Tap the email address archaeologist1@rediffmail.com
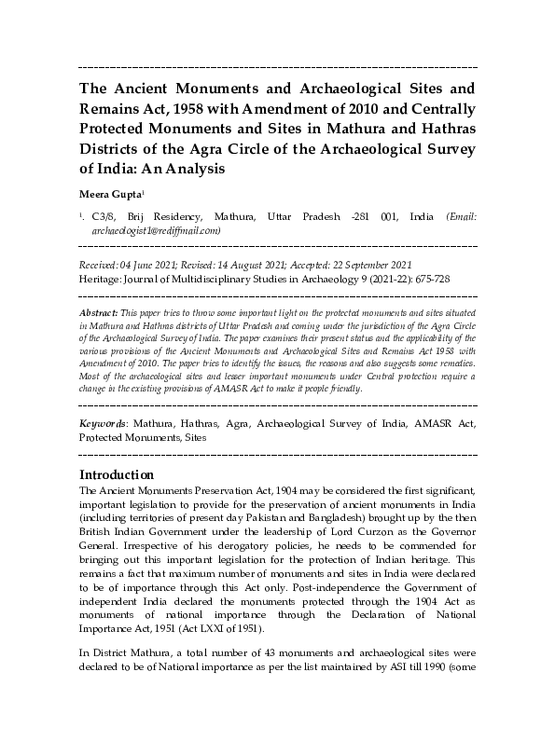pos(156,229)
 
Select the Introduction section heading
pos(117,473)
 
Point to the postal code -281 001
pos(371,216)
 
